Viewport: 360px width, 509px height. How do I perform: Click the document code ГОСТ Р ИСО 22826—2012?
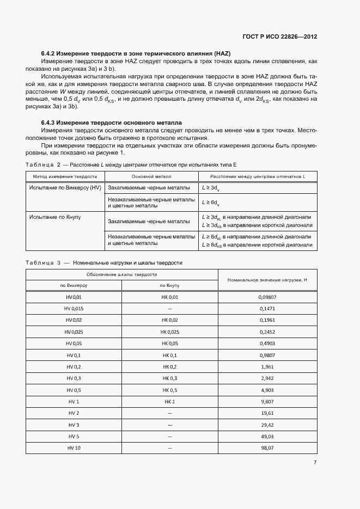pos(279,37)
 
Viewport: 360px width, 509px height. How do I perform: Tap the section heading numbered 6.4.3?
pos(112,123)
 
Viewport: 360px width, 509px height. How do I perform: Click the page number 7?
pos(315,462)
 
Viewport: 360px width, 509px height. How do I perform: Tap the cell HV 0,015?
pos(74,308)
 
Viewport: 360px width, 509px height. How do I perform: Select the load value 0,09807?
pos(267,297)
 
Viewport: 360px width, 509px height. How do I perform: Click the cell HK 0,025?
pos(169,332)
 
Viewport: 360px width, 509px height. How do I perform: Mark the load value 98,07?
pos(267,447)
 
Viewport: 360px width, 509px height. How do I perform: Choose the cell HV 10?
pos(74,447)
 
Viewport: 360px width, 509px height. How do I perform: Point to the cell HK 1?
pos(169,401)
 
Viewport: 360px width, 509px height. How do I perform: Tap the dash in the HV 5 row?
pos(169,436)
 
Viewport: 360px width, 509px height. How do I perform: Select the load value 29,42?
pos(267,425)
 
